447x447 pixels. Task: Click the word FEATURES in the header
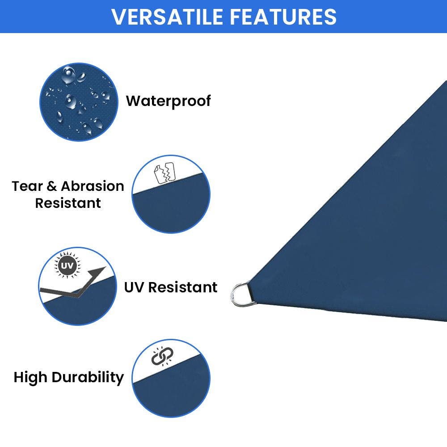283,17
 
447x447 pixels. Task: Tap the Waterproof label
168,101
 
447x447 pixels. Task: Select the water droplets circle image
79,102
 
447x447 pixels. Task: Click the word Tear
28,186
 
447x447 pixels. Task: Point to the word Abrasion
93,186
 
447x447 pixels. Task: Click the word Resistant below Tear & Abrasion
68,203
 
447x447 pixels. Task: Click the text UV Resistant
171,287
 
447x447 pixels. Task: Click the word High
30,377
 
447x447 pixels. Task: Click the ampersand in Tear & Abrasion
52,186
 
